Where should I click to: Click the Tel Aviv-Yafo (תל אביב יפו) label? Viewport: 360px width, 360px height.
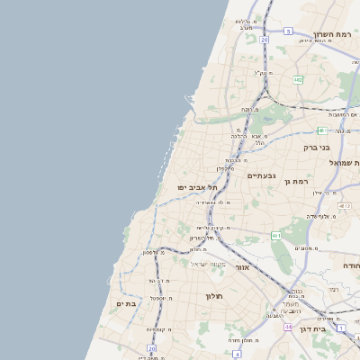point(198,187)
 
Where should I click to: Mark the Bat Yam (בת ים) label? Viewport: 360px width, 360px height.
point(126,304)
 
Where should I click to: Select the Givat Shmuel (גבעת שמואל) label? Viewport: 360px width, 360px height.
point(337,163)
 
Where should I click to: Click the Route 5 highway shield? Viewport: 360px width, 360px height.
point(288,31)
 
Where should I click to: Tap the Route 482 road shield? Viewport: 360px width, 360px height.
point(297,80)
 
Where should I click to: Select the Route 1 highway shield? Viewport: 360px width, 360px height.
point(341,328)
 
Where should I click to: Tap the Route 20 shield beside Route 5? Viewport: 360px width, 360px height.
point(265,40)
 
